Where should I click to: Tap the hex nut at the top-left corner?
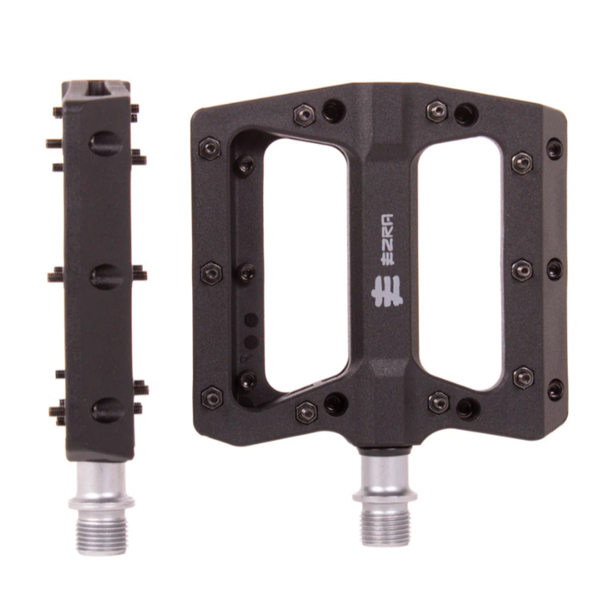click(210, 148)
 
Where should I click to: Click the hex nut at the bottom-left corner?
click(212, 397)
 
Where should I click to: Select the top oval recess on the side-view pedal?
click(105, 144)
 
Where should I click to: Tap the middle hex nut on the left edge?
click(211, 273)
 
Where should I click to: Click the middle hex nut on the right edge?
click(522, 270)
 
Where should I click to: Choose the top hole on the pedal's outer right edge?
click(554, 149)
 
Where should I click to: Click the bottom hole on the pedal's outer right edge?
click(555, 389)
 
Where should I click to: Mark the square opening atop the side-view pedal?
click(96, 89)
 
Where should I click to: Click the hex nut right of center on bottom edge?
click(439, 403)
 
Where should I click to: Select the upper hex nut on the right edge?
click(522, 162)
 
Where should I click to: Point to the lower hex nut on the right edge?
click(523, 377)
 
